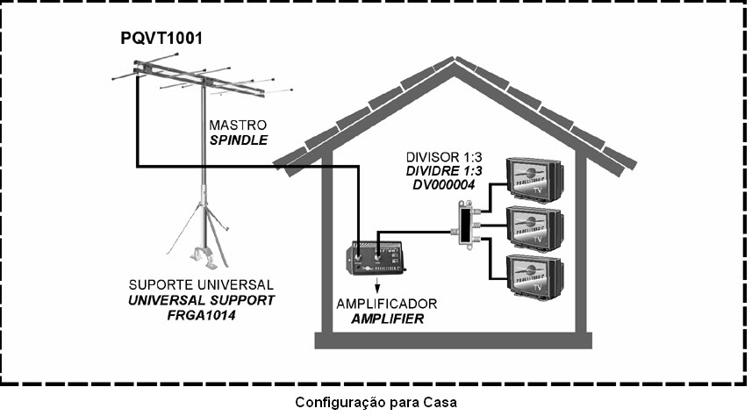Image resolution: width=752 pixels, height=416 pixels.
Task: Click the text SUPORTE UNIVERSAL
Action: (x=201, y=286)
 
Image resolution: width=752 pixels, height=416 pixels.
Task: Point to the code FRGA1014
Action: (x=201, y=314)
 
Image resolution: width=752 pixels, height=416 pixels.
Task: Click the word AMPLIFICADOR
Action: (x=387, y=304)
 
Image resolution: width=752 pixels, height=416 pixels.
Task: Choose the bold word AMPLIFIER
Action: (x=387, y=319)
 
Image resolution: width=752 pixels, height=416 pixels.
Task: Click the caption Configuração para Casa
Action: (x=376, y=403)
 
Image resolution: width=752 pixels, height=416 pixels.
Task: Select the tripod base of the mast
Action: (x=201, y=233)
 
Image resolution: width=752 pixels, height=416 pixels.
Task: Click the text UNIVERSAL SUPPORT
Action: (x=201, y=300)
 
